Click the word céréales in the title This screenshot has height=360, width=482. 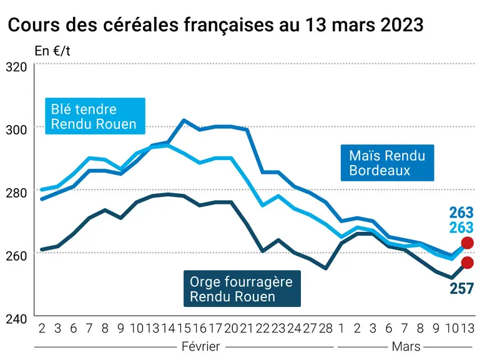[140, 24]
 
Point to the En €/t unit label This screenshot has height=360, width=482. [52, 51]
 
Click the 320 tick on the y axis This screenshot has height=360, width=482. [16, 67]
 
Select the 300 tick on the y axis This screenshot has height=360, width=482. [16, 129]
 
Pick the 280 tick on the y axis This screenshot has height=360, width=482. [16, 192]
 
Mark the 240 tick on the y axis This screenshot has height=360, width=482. [16, 319]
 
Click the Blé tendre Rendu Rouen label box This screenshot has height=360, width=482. [95, 116]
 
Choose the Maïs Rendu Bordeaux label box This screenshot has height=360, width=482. [387, 162]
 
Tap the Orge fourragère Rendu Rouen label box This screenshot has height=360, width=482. [242, 289]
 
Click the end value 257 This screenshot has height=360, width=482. [461, 289]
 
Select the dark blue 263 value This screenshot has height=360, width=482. [461, 212]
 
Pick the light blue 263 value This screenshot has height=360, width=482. [461, 227]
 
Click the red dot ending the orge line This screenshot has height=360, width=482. [468, 262]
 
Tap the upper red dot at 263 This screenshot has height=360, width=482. [468, 243]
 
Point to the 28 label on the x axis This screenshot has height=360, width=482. [326, 328]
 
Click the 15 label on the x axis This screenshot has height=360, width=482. [184, 328]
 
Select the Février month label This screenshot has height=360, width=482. [201, 346]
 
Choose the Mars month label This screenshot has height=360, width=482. [406, 346]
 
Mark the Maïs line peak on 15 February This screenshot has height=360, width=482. [184, 120]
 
